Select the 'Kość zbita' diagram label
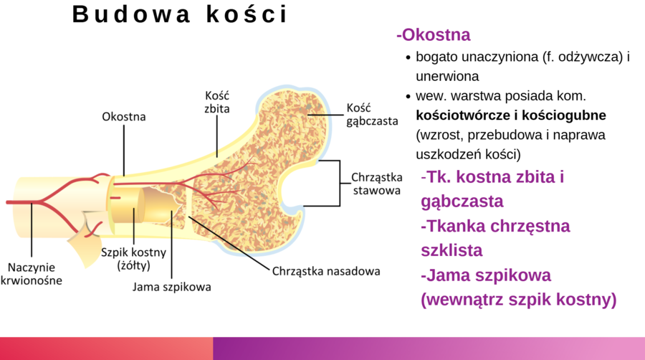[x=218, y=103]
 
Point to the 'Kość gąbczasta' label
[x=371, y=114]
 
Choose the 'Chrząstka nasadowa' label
[x=326, y=272]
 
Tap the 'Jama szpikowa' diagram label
[x=172, y=287]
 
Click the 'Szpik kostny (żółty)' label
[x=133, y=259]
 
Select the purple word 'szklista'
[x=451, y=250]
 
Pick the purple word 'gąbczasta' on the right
[x=462, y=202]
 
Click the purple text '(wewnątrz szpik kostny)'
[x=518, y=299]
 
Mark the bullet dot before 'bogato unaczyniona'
[x=408, y=57]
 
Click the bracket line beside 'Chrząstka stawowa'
[x=338, y=183]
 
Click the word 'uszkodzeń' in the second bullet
[x=445, y=153]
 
